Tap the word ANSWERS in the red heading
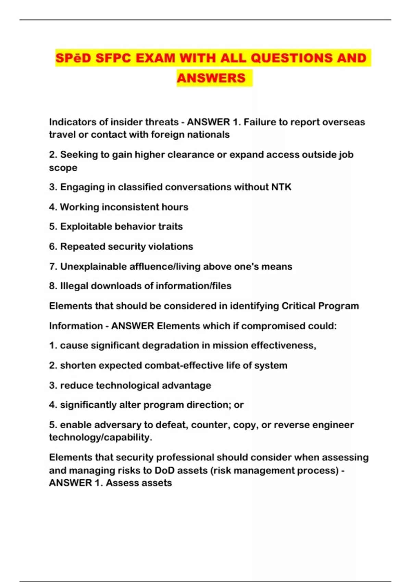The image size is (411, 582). coord(211,78)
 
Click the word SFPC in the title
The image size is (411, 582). coord(113,58)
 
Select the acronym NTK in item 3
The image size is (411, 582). coord(281,187)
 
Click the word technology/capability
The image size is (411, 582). coord(100,437)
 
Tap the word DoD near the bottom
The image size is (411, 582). coord(164,470)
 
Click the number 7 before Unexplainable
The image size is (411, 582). coord(52,266)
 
